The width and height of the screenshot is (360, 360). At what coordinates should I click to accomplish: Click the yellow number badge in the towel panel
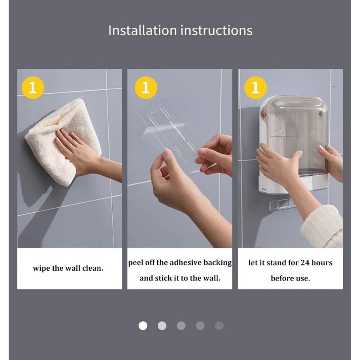click(x=33, y=87)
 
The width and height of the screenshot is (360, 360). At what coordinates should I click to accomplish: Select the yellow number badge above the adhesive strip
click(x=146, y=87)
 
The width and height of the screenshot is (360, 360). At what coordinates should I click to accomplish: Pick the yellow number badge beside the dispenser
click(x=255, y=87)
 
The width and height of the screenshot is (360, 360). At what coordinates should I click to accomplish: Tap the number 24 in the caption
click(x=305, y=262)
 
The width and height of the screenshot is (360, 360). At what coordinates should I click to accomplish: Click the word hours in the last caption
click(x=322, y=262)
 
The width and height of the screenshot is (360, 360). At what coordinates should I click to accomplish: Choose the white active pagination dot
click(x=143, y=326)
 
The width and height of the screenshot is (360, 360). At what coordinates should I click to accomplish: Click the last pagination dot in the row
click(x=219, y=326)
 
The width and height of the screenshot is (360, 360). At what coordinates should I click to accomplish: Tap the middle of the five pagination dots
click(x=181, y=326)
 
